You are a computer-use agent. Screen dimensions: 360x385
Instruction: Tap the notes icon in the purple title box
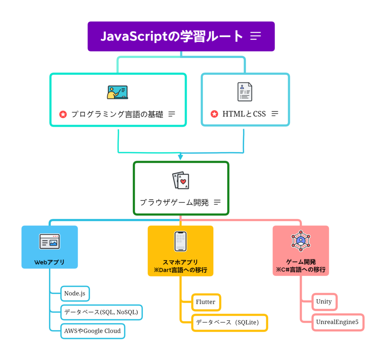click(x=256, y=36)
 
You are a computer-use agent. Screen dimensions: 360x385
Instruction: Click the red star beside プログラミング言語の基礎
click(x=63, y=114)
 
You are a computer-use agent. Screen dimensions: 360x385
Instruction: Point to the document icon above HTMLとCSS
click(x=245, y=92)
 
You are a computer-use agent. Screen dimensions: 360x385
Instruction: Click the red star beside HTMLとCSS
click(x=214, y=114)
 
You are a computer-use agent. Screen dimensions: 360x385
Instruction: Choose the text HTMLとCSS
click(x=244, y=114)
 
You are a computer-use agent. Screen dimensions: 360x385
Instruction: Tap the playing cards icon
click(x=180, y=181)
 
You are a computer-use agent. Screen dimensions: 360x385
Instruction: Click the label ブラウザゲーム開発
click(x=174, y=202)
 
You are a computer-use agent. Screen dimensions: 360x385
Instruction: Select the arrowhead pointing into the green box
click(x=180, y=157)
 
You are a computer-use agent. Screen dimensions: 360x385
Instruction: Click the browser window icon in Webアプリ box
click(x=50, y=242)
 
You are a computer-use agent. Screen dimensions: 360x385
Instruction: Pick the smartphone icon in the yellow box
click(x=180, y=241)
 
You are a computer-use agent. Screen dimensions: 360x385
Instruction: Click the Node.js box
click(x=75, y=293)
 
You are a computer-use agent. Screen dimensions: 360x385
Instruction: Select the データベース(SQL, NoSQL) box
click(x=102, y=312)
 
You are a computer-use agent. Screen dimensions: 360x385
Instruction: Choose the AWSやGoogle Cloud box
click(x=92, y=331)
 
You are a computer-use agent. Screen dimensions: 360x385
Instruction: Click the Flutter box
click(x=206, y=302)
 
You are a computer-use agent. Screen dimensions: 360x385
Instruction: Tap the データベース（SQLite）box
click(x=229, y=322)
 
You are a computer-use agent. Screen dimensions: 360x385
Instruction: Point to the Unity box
click(x=324, y=301)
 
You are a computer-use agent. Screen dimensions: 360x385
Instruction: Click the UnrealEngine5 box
click(x=337, y=322)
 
